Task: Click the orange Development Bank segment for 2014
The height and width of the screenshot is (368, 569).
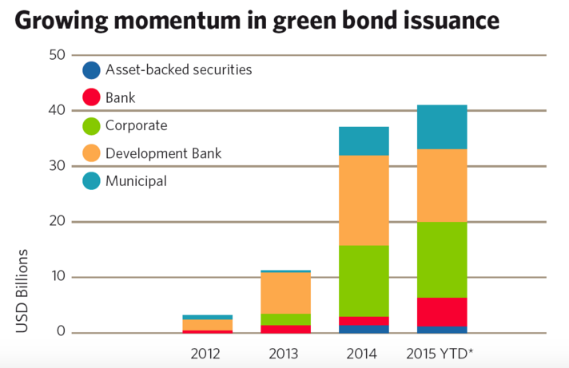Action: coord(364,200)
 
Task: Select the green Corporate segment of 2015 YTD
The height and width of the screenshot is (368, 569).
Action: coord(442,259)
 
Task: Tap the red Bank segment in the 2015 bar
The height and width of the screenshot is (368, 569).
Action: coord(442,312)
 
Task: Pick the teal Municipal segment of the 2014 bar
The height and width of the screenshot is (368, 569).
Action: coord(364,141)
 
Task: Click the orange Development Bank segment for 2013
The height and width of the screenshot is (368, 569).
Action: coord(285,293)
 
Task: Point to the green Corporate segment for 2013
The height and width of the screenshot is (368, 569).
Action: coord(285,319)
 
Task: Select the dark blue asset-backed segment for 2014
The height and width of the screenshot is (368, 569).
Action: coord(364,329)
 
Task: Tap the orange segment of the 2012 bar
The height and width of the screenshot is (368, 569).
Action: coord(207,325)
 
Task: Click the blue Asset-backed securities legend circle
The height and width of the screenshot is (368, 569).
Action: coord(91,70)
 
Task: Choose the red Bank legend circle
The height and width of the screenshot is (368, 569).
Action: coord(91,97)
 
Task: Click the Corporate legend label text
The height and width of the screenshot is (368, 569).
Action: coord(137,126)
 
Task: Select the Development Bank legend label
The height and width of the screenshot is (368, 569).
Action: coord(163,153)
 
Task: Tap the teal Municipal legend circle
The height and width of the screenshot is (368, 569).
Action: coord(91,180)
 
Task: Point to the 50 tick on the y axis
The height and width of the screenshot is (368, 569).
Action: coord(57,55)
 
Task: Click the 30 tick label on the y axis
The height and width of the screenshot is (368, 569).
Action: coord(57,166)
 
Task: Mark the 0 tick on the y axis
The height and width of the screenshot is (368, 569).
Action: coord(61,331)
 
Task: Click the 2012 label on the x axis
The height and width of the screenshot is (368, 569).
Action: coord(205,354)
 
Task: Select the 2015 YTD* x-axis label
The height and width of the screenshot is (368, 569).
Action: coord(440,354)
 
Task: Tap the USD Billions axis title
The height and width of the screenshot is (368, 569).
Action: coord(22,291)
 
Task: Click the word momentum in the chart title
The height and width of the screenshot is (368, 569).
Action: coord(177,20)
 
